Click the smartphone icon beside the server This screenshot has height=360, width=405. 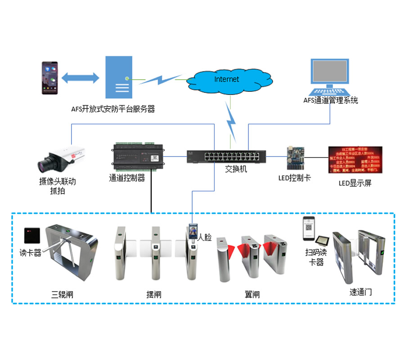tap(50, 78)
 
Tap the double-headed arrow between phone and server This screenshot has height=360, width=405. tap(80, 77)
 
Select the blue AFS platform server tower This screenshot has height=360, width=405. tap(119, 77)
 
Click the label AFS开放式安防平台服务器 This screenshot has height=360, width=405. tap(113, 109)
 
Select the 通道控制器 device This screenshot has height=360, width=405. tap(137, 156)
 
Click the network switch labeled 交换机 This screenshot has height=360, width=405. tap(226, 157)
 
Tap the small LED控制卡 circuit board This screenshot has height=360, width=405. tap(293, 157)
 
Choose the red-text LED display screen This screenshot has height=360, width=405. tap(355, 159)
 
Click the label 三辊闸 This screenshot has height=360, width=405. tap(62, 295)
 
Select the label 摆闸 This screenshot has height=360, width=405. tap(154, 295)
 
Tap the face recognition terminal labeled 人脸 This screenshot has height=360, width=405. tap(193, 233)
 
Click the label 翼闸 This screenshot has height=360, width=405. tap(252, 295)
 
